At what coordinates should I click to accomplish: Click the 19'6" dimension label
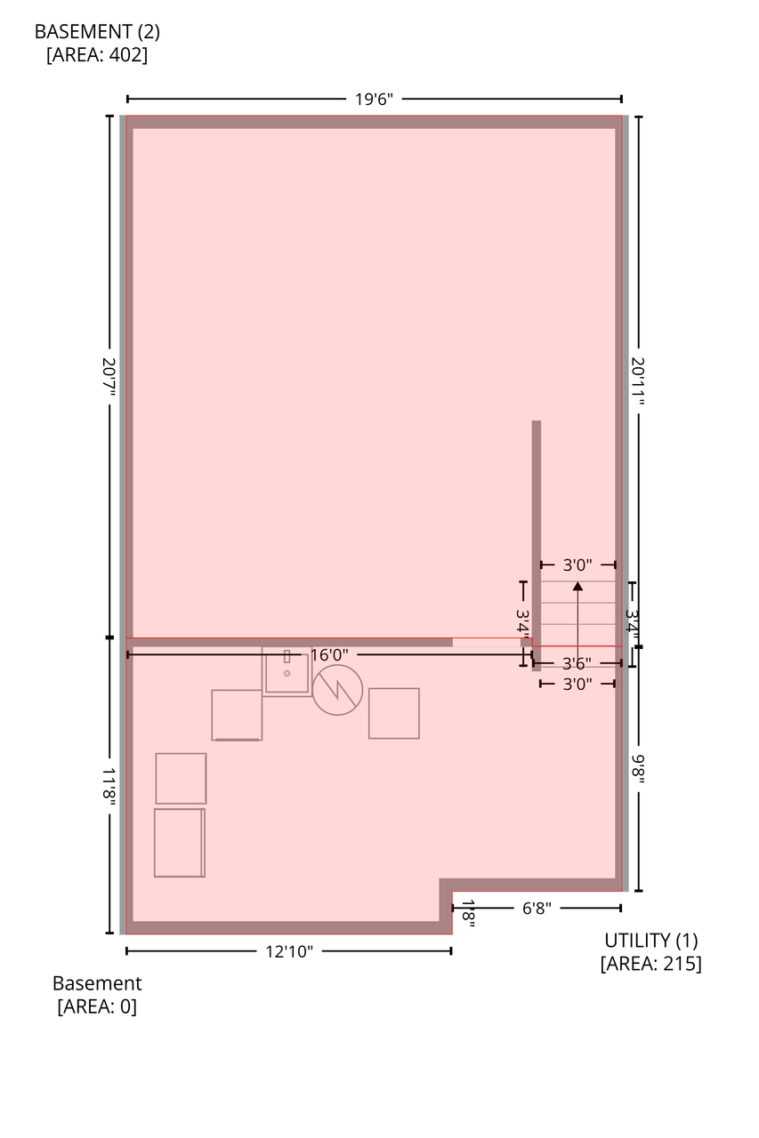click(x=374, y=99)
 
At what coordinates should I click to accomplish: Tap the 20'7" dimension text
click(x=109, y=378)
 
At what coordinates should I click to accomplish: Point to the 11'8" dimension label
click(x=109, y=787)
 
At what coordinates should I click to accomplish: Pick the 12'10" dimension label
click(x=289, y=951)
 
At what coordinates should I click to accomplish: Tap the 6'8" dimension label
click(x=537, y=909)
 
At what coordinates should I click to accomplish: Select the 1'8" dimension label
click(x=468, y=914)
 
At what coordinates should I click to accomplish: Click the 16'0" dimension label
click(x=329, y=655)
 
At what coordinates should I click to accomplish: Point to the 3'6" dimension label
click(x=577, y=663)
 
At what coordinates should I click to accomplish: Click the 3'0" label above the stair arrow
click(x=577, y=565)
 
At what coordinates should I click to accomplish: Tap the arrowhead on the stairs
click(x=577, y=586)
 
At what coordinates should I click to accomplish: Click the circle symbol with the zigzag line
click(x=337, y=665)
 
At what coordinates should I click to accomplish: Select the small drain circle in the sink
click(x=287, y=673)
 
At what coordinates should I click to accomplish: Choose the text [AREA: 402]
click(x=97, y=54)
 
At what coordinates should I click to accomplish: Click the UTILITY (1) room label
click(x=650, y=941)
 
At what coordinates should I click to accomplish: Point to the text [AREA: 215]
click(x=650, y=963)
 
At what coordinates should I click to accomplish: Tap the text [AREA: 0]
click(x=97, y=1006)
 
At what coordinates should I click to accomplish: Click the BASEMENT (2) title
click(x=97, y=31)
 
